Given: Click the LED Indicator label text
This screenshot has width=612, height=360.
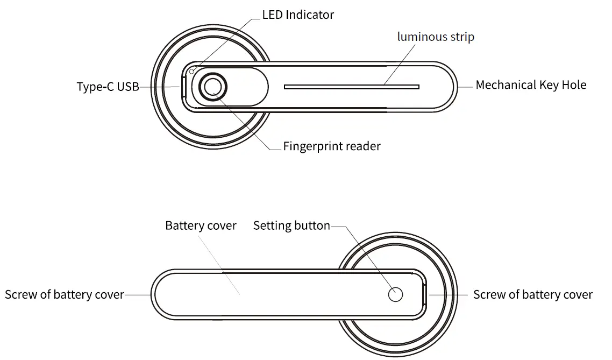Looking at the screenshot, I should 298,15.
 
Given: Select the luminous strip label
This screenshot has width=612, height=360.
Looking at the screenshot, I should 436,37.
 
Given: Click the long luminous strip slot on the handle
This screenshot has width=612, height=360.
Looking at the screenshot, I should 351,87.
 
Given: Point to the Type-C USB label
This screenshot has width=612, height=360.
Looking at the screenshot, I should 108,87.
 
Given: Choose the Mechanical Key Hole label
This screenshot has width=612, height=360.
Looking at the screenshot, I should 531,85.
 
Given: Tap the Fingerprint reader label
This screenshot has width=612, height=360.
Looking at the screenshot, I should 332,146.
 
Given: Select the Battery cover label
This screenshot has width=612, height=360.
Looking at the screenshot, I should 201,225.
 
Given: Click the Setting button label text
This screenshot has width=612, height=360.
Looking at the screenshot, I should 291,225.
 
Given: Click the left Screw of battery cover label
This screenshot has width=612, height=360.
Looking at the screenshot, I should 65,295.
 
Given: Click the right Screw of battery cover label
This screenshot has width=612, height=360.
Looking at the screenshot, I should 532,295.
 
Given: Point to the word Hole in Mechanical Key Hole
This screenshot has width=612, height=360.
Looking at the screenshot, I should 574,85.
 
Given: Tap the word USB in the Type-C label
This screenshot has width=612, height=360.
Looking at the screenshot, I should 128,87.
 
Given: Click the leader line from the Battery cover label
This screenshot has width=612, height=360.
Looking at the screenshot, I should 220,264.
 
